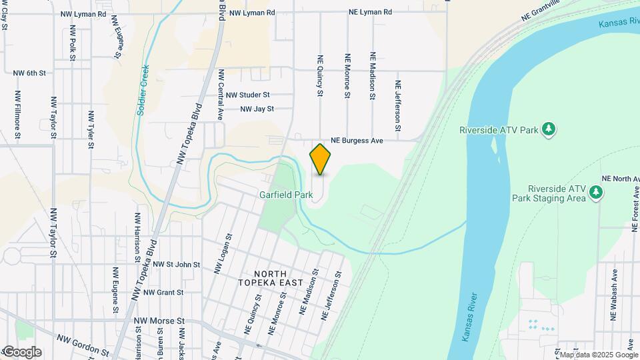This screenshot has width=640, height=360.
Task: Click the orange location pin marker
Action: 321,159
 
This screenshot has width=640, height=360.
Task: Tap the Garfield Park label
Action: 286,195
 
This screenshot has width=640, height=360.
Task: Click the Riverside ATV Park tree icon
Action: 549,128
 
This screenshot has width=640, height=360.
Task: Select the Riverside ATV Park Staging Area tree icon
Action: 596,193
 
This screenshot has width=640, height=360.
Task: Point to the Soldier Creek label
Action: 143,90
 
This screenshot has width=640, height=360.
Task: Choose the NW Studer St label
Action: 247,95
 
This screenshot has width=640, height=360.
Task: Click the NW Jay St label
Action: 257,109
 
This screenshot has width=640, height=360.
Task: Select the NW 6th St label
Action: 29,72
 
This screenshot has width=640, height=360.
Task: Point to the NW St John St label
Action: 176,265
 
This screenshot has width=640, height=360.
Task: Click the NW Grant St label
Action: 163,292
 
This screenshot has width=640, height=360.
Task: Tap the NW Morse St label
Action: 159,321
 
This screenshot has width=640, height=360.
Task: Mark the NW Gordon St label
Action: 82,345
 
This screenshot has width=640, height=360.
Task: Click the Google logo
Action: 21,352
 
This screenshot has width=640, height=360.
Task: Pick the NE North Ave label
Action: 620,179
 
